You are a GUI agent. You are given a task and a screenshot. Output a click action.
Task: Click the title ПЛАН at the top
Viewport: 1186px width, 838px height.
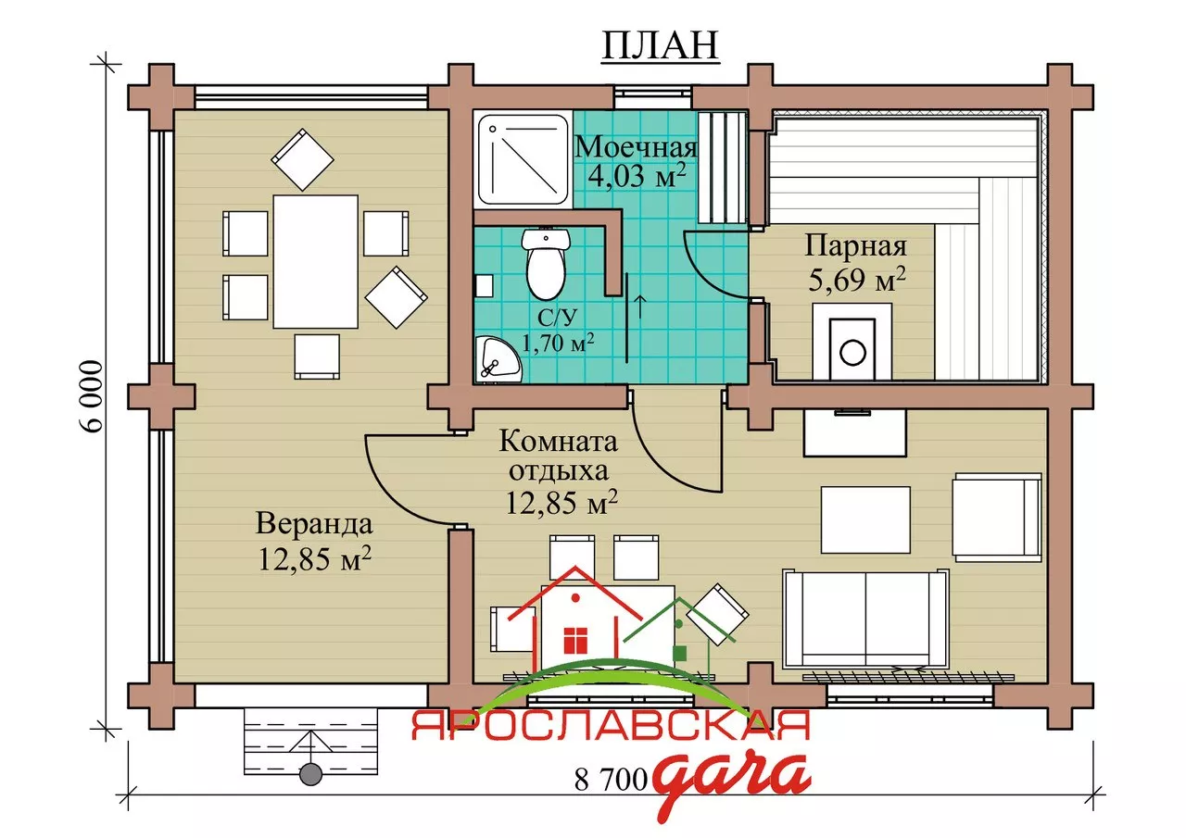pos(661,45)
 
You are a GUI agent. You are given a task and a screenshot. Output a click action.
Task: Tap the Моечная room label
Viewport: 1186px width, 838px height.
pos(636,146)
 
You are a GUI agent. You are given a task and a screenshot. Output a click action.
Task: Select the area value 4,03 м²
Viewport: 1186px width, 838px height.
pos(637,175)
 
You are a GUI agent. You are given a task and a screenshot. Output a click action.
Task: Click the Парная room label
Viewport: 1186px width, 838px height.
pos(855,246)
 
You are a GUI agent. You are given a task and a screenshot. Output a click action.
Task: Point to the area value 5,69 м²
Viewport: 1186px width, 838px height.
pos(857,279)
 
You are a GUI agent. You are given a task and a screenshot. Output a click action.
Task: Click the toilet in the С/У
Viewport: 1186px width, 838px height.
pos(546,264)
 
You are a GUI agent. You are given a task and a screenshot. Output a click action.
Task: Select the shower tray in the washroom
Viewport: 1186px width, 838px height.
pos(523,160)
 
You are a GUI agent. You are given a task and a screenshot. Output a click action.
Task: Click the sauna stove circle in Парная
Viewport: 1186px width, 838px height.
pos(852,352)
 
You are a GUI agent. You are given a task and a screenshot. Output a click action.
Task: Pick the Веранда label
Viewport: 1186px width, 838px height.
pos(314,524)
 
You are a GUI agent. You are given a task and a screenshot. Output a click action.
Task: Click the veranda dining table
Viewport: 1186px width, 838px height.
pos(316,261)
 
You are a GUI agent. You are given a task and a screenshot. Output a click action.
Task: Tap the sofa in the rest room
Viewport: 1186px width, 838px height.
pos(865,619)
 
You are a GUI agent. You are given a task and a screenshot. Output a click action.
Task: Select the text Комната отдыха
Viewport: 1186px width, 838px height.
pos(559,456)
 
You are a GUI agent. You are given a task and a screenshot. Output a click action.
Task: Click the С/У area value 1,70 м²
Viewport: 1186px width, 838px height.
pos(558,344)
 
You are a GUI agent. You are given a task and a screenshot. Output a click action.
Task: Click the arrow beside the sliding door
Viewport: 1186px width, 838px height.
pos(639,306)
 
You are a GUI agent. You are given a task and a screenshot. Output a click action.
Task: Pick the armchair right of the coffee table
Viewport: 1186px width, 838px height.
pos(997,518)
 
